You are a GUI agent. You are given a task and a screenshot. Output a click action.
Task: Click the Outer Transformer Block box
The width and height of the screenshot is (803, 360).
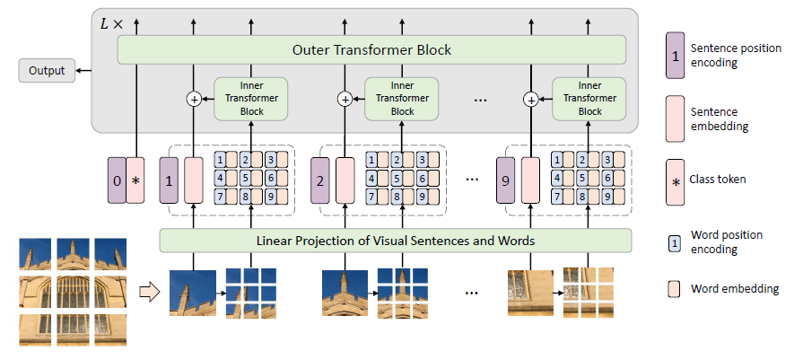(371, 49)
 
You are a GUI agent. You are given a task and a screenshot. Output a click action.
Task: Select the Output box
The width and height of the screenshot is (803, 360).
(47, 71)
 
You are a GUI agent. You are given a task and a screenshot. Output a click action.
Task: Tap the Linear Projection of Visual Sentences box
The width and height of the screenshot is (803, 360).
(396, 241)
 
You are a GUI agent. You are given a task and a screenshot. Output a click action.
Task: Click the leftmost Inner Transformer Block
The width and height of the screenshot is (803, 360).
(251, 99)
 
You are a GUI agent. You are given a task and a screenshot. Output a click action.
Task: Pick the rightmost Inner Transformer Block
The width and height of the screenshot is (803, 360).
(589, 99)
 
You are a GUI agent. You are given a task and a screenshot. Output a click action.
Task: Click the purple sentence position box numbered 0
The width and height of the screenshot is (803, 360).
(117, 180)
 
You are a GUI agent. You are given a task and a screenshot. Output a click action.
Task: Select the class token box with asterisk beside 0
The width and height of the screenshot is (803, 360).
(135, 180)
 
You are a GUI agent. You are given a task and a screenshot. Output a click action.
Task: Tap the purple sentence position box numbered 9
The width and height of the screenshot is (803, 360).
(505, 180)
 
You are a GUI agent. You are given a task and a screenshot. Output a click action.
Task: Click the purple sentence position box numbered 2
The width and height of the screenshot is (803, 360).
(320, 180)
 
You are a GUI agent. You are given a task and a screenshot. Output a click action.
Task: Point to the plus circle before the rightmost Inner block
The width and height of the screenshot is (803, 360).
(531, 100)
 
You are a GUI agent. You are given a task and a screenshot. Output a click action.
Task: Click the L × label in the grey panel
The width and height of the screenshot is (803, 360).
(111, 23)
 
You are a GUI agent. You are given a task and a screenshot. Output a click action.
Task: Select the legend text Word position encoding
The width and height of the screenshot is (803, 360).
(727, 242)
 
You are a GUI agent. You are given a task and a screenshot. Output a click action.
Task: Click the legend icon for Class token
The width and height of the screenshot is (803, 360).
(675, 181)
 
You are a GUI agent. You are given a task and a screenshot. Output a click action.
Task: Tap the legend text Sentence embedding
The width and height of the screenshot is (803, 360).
(720, 119)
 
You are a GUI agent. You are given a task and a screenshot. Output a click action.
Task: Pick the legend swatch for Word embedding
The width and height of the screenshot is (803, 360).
(674, 289)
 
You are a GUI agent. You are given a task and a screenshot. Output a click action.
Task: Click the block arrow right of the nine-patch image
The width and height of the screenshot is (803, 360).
(150, 293)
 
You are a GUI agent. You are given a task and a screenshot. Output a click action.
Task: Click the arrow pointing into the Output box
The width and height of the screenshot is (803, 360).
(83, 71)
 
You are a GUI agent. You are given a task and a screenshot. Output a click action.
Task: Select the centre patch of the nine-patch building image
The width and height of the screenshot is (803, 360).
(72, 292)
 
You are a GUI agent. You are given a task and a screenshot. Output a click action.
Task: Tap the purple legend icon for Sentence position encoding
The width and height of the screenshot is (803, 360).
(675, 56)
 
